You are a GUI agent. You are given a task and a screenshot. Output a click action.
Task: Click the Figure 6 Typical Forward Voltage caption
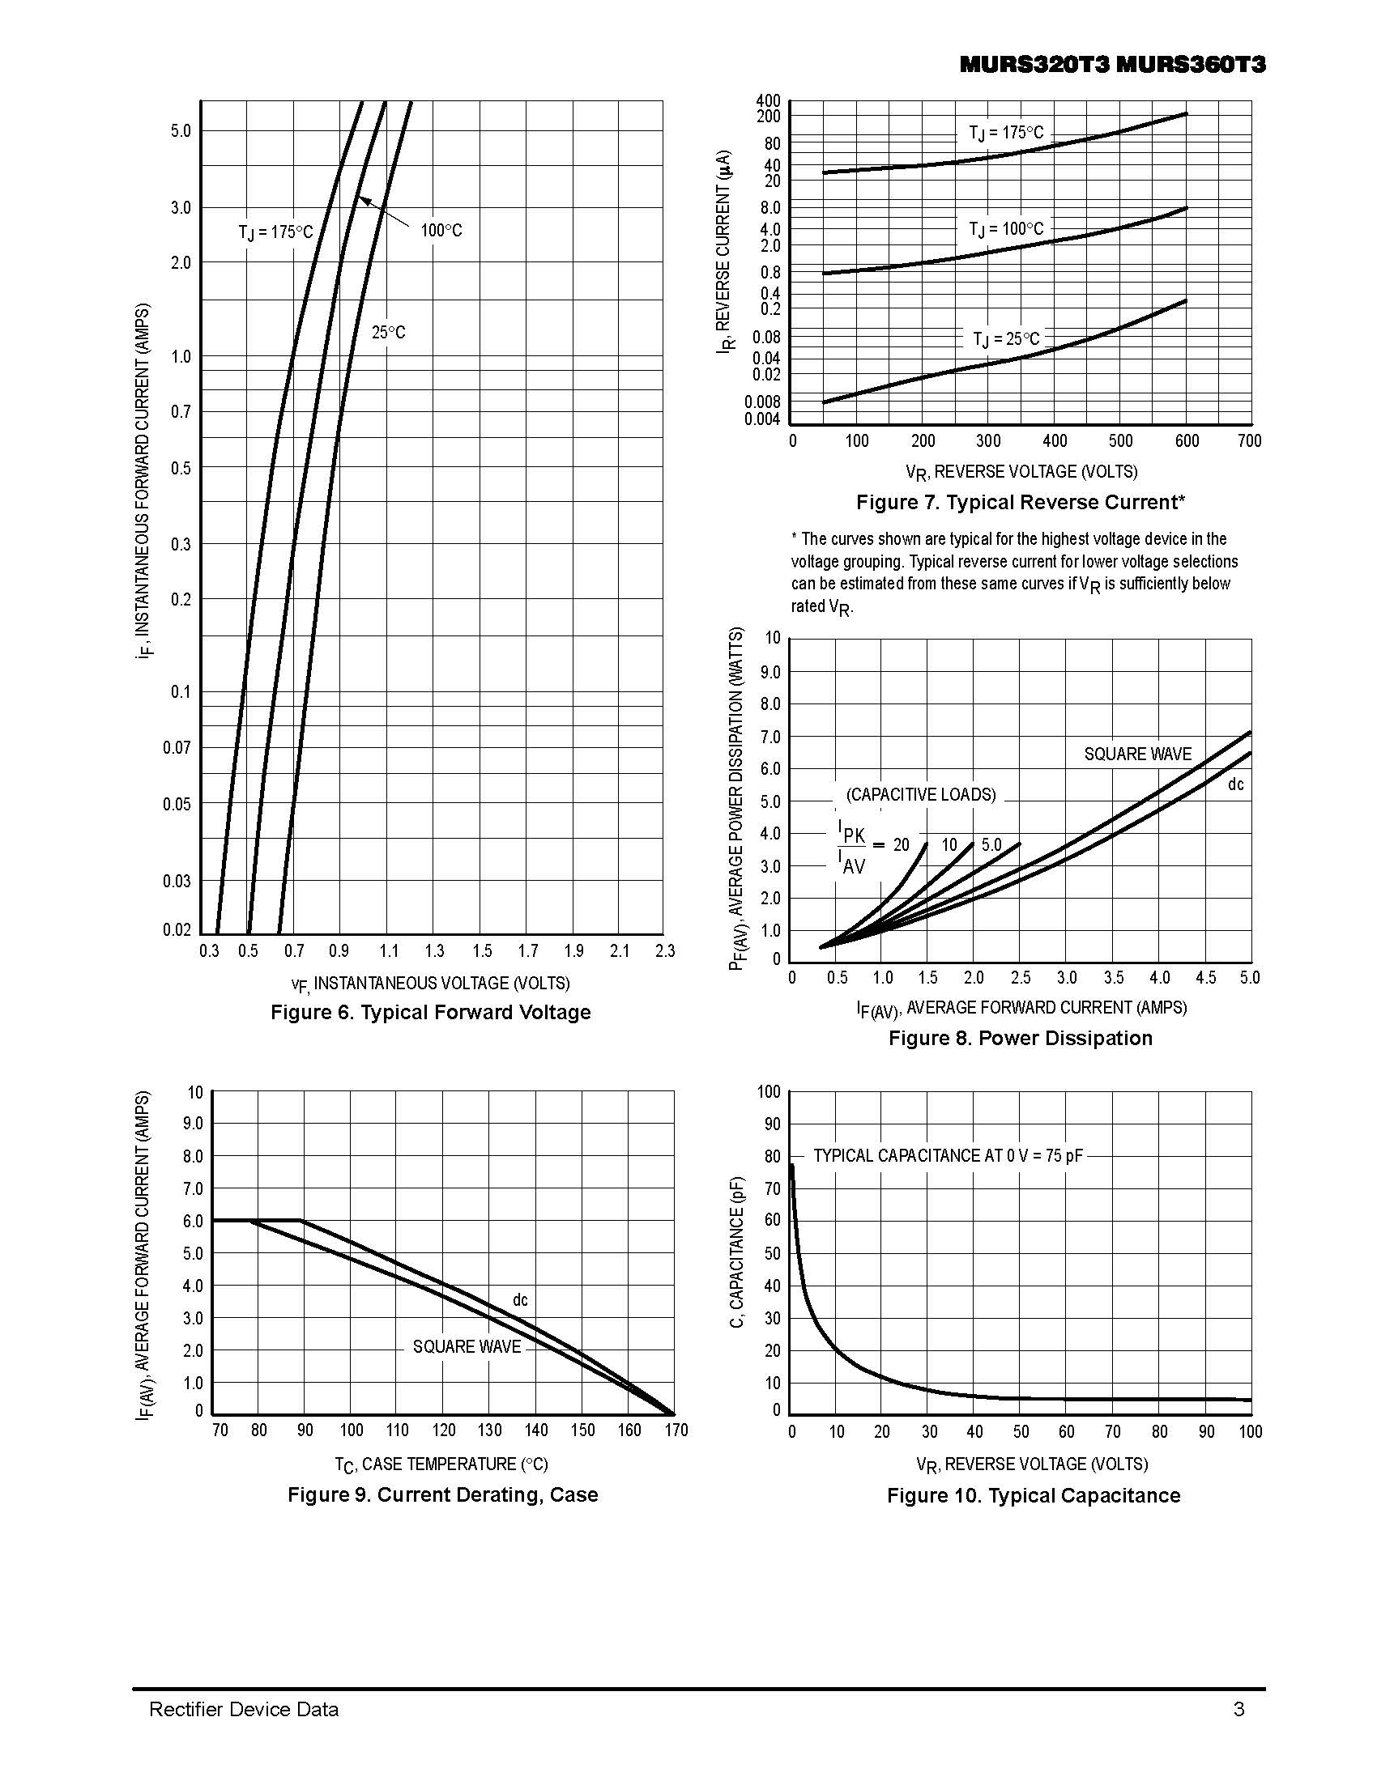[x=430, y=1012]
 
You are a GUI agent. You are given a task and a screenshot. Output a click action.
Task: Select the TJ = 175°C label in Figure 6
[x=275, y=232]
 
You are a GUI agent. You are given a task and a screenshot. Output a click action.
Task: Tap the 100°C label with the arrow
[x=441, y=231]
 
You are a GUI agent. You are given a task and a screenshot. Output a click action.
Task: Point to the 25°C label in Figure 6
[x=388, y=333]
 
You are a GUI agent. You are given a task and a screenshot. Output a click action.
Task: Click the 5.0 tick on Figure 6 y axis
[x=181, y=130]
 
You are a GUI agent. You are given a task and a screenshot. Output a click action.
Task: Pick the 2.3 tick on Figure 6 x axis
[x=665, y=951]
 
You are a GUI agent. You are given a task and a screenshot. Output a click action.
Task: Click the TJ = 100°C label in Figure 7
[x=1006, y=229]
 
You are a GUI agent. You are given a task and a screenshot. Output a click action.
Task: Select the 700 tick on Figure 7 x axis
[x=1249, y=441]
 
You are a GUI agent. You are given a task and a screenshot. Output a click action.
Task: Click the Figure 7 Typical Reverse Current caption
[x=1020, y=503]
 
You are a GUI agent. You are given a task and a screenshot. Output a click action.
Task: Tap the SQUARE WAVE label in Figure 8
[x=1137, y=754]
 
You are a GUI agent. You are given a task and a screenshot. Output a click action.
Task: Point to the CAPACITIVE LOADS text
[x=920, y=794]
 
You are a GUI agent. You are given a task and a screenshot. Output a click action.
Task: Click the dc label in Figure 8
[x=1236, y=784]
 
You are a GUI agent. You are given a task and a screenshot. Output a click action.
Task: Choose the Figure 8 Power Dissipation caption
[x=1020, y=1038]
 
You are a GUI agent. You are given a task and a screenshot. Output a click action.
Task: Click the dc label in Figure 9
[x=520, y=1300]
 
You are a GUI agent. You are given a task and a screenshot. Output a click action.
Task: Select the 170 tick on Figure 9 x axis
[x=676, y=1430]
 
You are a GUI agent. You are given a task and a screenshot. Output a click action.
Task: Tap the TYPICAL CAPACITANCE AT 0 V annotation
[x=948, y=1155]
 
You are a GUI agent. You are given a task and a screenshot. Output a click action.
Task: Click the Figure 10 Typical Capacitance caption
[x=1033, y=1495]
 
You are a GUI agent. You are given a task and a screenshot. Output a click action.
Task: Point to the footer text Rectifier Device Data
[x=243, y=1709]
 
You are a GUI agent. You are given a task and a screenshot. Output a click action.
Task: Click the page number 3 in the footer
[x=1238, y=1709]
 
